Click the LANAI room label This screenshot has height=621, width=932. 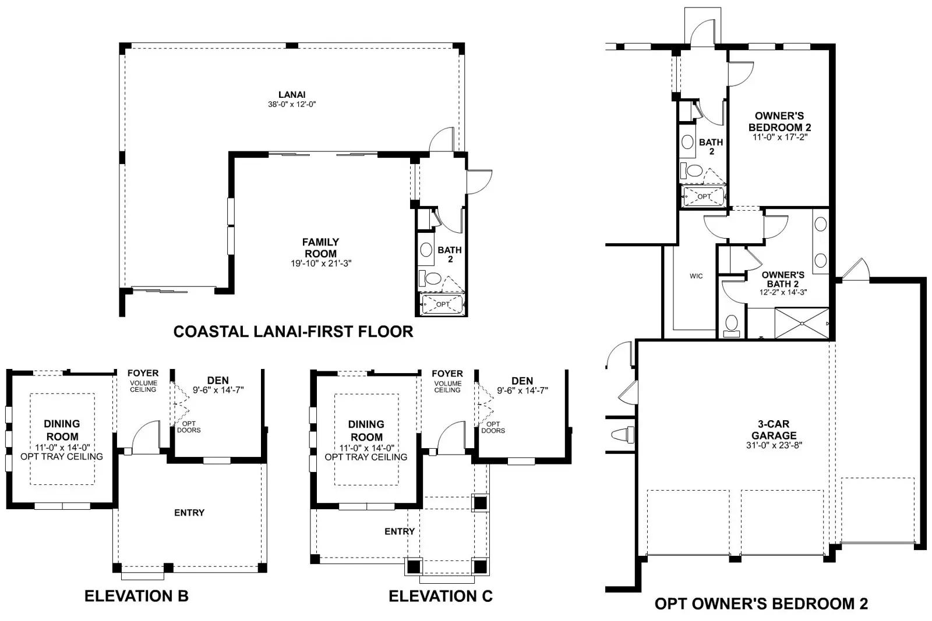click(292, 95)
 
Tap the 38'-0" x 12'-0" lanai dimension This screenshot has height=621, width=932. click(292, 104)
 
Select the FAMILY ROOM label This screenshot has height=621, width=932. click(320, 248)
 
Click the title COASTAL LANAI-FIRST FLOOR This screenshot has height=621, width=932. click(294, 332)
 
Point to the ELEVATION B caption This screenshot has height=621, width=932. click(136, 596)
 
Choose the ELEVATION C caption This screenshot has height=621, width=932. click(440, 596)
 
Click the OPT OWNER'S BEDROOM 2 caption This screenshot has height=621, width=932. click(761, 604)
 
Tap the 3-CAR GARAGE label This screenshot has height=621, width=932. click(774, 430)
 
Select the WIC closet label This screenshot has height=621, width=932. click(696, 276)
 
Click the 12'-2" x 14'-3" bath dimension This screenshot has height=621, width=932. click(783, 292)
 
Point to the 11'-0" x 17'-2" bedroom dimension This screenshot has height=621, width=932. click(780, 137)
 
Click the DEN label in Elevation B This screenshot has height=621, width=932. click(218, 380)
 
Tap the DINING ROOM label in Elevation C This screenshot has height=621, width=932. click(366, 431)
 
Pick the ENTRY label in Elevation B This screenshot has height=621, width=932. click(189, 513)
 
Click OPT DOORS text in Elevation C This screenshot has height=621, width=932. click(493, 427)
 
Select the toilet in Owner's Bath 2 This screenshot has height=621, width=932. click(732, 326)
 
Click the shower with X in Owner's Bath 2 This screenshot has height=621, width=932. click(802, 323)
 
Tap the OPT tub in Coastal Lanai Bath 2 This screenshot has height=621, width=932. click(442, 304)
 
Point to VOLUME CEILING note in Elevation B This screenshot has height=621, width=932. click(143, 386)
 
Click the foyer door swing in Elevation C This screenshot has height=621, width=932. click(451, 438)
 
